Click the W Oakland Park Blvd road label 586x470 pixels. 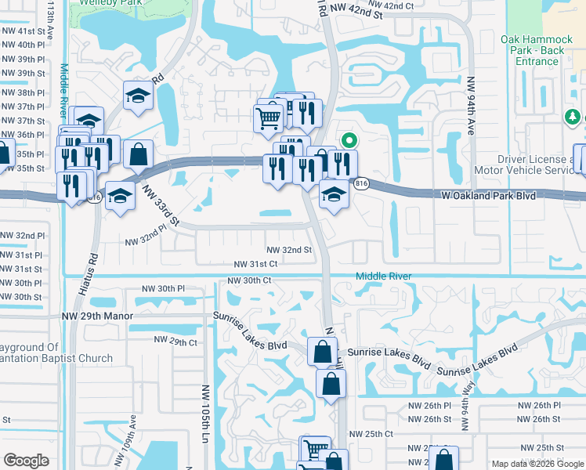coord(487,195)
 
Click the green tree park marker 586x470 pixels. coord(573,117)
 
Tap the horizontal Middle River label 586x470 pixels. coord(384,277)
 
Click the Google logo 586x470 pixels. coord(26,461)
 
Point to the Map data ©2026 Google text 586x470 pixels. coord(537,464)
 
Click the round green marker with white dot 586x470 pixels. coord(349,141)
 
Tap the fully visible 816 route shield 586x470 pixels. coord(361,183)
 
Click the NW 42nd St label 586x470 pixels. coord(356,14)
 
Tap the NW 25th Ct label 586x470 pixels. coord(371,433)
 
